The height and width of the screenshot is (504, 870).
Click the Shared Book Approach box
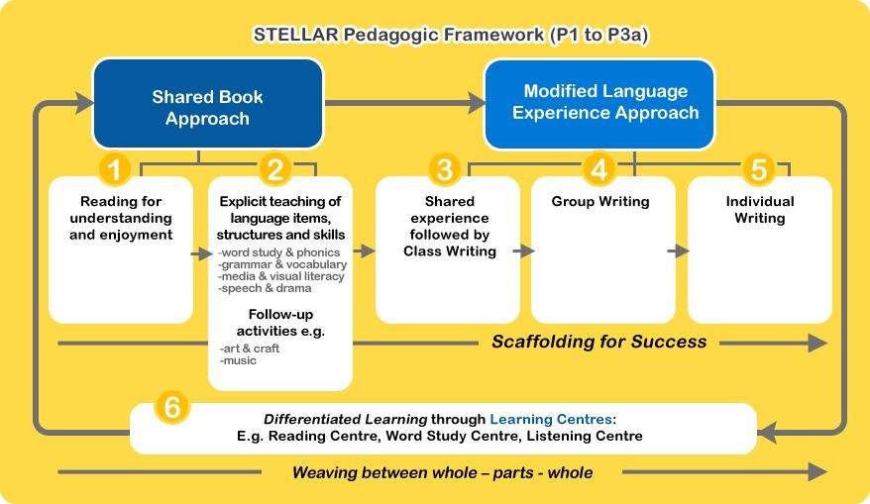[207, 104]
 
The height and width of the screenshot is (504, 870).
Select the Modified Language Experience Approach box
[599, 104]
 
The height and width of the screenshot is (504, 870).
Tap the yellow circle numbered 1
[114, 168]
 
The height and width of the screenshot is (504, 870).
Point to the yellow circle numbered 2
[275, 168]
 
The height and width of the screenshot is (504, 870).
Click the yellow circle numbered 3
[445, 168]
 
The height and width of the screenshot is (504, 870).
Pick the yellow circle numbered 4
[598, 168]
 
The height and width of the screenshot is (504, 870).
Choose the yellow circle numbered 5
[758, 168]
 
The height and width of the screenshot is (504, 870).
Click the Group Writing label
[600, 201]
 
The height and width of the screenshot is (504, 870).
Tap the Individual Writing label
[760, 210]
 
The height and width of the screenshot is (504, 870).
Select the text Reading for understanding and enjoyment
[121, 218]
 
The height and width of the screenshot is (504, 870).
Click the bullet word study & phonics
[278, 252]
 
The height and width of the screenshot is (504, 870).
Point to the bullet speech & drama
[265, 288]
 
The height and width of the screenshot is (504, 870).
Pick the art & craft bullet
[249, 349]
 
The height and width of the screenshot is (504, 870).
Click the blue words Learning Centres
[550, 419]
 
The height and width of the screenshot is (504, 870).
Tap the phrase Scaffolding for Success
[599, 342]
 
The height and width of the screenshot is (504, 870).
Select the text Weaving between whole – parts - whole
[442, 473]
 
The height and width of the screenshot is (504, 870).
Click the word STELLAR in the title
[295, 35]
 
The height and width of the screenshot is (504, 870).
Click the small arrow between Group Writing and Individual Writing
[678, 252]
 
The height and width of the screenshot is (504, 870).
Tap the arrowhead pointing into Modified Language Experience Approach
[476, 103]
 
